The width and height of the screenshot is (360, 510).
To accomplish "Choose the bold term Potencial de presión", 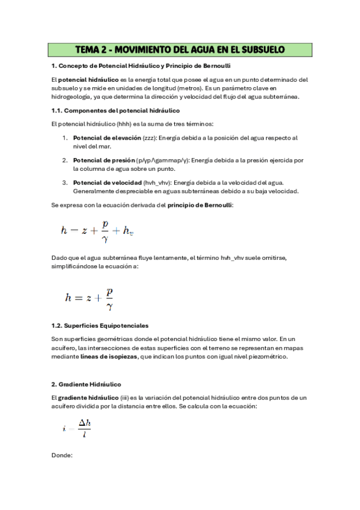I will click(x=104, y=161).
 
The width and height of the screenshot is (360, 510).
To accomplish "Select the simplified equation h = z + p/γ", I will click(x=89, y=297).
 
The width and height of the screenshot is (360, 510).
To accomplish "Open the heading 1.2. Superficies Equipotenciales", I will click(x=100, y=325).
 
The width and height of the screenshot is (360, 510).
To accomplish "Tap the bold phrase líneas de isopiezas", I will click(x=108, y=357).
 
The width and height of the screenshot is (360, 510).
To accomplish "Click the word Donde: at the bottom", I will click(x=62, y=455).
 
